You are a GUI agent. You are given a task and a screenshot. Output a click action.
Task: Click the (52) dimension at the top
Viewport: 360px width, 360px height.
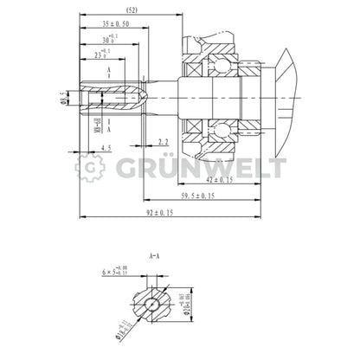(131, 10)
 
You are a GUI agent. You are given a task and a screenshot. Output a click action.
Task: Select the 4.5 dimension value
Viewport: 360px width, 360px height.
(106, 150)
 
